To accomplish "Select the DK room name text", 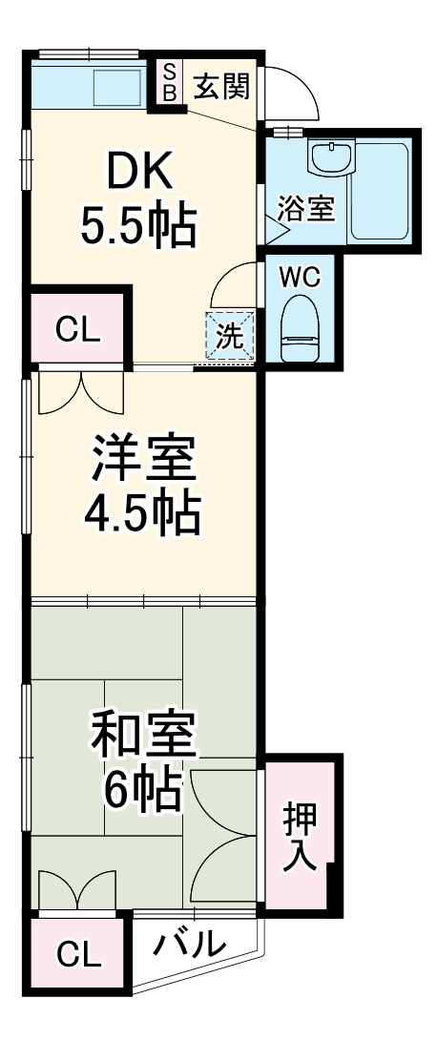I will (139, 172).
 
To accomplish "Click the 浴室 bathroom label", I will (305, 208).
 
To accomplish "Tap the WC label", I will (300, 277).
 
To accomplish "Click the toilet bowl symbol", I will (302, 324).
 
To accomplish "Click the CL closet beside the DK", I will (77, 330).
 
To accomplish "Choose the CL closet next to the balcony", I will (77, 954).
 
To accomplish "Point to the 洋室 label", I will (143, 460).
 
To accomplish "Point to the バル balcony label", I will (191, 944).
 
